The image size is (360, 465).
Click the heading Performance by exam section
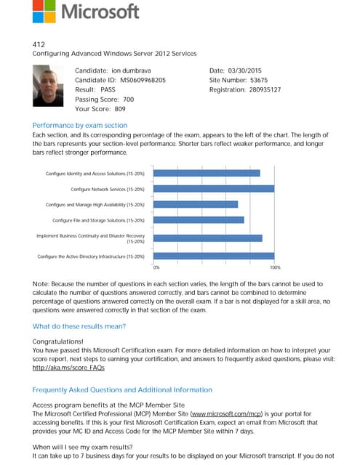[x=80, y=125]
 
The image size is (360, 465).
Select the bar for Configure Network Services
[x=215, y=189]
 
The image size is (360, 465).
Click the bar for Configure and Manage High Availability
[x=196, y=204]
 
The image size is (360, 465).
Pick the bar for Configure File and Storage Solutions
[x=199, y=220]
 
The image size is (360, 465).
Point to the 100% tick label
[x=274, y=267]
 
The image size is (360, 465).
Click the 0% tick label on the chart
[x=156, y=267]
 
